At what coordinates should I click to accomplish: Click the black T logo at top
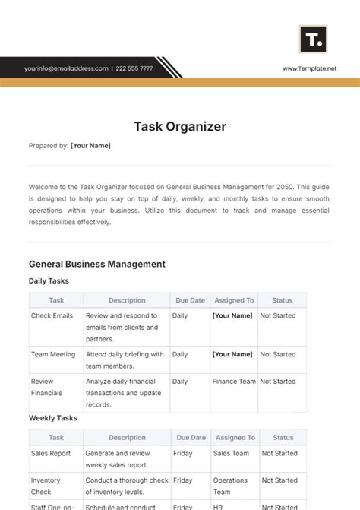click(313, 39)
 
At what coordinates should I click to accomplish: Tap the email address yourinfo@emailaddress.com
click(66, 68)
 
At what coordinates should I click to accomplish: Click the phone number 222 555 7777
click(135, 68)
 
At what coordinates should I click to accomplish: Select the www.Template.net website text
click(310, 68)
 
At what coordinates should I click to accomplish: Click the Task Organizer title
click(180, 126)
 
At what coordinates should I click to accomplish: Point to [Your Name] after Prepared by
click(90, 146)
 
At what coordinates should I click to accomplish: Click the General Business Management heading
click(96, 264)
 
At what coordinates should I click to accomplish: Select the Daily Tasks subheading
click(49, 280)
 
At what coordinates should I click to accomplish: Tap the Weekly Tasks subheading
click(52, 418)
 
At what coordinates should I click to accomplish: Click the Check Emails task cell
click(52, 315)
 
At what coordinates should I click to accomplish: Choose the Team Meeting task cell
click(52, 354)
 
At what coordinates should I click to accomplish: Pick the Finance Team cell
click(234, 382)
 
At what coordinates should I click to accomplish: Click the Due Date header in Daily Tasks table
click(191, 300)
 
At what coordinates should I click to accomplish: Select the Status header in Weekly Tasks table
click(283, 438)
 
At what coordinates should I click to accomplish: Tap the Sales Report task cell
click(51, 453)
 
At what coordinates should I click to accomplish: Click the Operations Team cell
click(230, 485)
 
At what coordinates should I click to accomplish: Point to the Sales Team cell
click(231, 453)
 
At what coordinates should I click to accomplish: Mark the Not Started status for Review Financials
click(278, 382)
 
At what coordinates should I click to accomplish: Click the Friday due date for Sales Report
click(183, 453)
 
